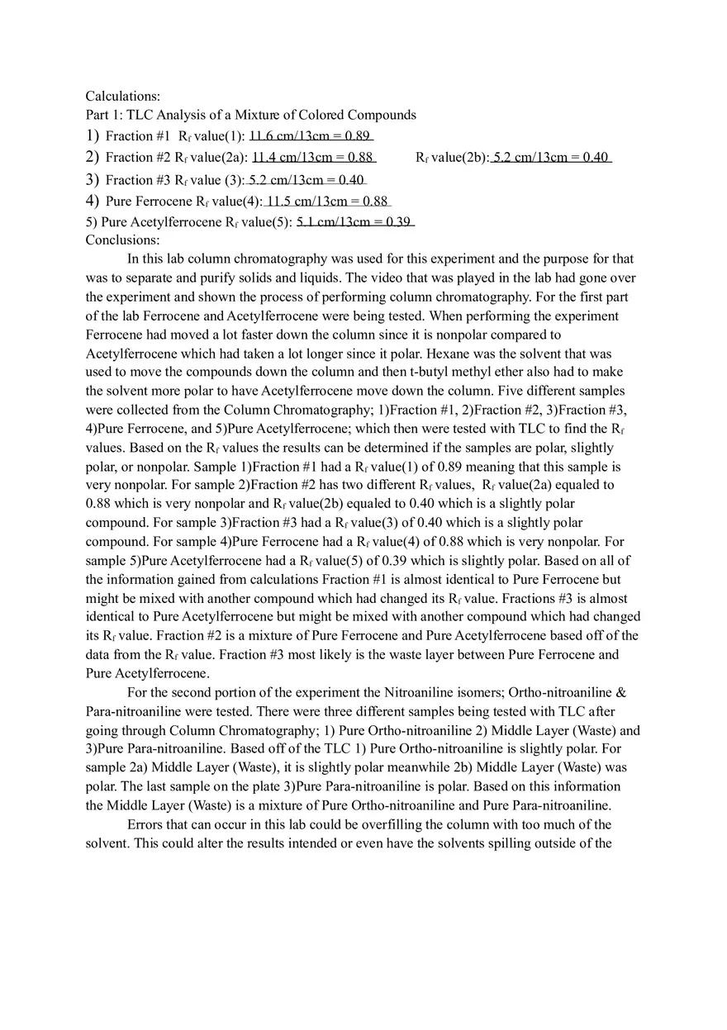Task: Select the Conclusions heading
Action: pyautogui.click(x=122, y=240)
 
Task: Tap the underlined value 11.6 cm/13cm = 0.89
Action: pyautogui.click(x=311, y=136)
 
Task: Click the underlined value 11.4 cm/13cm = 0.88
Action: pyautogui.click(x=313, y=157)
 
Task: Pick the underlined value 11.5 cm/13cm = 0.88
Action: pyautogui.click(x=327, y=201)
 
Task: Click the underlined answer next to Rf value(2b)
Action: pyautogui.click(x=551, y=157)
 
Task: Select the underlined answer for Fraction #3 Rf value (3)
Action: pyautogui.click(x=306, y=179)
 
